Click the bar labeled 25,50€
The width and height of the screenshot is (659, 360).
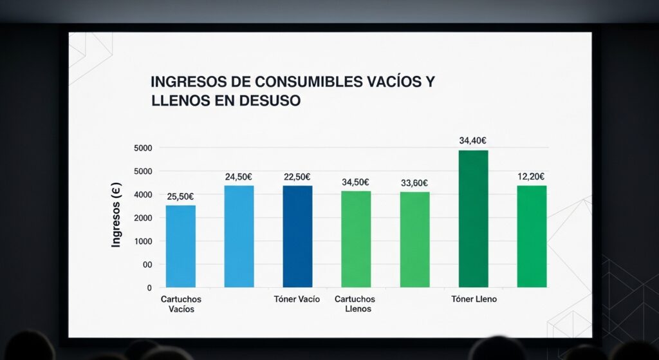(x=180, y=246)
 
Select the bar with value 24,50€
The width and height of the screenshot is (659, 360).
(x=239, y=236)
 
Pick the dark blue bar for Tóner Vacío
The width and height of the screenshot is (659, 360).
(x=297, y=236)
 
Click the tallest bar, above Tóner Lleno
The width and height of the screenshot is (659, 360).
(x=473, y=218)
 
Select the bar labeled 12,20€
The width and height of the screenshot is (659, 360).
(x=532, y=236)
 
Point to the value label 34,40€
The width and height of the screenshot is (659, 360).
(x=473, y=140)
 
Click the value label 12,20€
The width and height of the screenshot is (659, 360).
(x=532, y=176)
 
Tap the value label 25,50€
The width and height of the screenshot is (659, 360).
(x=180, y=196)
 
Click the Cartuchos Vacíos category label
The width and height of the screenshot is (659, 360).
(x=180, y=304)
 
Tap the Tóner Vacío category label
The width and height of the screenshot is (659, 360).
(x=297, y=299)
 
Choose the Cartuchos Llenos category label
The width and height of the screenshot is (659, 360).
(x=355, y=304)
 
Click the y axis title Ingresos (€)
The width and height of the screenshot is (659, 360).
(x=116, y=218)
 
